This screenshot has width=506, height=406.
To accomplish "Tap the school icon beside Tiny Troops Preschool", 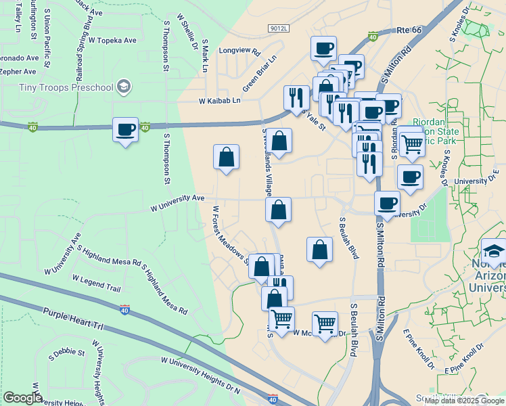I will point(123,86).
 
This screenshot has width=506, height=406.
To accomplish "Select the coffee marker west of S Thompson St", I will point(124,129).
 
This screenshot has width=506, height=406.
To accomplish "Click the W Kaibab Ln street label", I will point(219,101).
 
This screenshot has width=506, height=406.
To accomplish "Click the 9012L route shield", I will point(278,28).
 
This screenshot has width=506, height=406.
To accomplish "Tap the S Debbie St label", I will point(70,353).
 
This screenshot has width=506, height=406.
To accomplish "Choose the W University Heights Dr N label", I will point(201,374).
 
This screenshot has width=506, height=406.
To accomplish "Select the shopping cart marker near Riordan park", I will point(411,142).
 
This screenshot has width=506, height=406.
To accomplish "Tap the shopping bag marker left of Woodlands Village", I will point(227,157).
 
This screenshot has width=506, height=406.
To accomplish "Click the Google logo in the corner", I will point(22,398).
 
